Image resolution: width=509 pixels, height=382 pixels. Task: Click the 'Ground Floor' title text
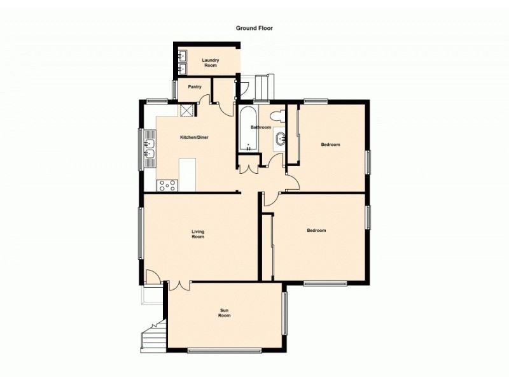(x=254, y=28)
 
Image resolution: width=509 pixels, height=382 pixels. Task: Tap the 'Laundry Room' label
(x=210, y=62)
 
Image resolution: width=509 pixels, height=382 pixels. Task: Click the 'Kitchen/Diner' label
(x=194, y=138)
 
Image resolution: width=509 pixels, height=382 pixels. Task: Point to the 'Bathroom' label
(x=260, y=127)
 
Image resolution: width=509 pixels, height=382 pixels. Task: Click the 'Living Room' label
(x=198, y=234)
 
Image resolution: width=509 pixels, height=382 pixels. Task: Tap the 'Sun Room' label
(x=224, y=313)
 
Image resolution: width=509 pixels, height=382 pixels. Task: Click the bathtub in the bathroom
(x=248, y=129)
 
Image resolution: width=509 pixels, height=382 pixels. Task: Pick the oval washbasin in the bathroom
(x=281, y=139)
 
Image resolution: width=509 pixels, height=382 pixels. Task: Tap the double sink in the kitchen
(x=150, y=148)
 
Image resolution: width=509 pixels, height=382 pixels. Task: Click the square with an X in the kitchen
(x=186, y=110)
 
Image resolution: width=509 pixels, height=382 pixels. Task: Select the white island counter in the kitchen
(x=188, y=174)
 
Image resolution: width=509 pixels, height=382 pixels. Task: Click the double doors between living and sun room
(x=179, y=285)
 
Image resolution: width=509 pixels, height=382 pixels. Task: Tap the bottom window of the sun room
(x=224, y=350)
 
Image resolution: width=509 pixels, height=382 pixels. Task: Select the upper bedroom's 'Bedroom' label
(x=330, y=145)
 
